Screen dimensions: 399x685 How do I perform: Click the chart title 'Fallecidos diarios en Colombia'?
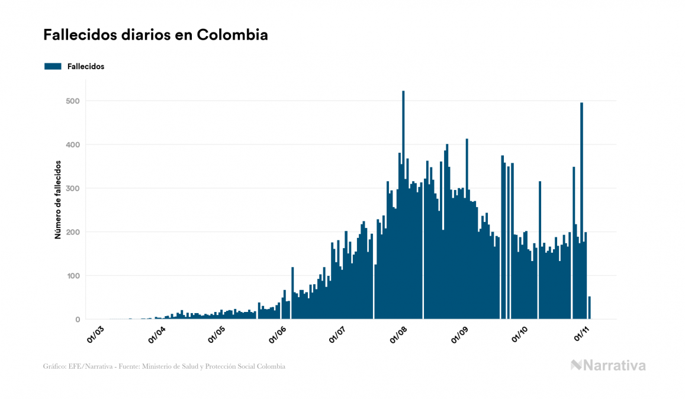(x=155, y=35)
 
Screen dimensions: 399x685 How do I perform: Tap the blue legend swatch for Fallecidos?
(x=53, y=66)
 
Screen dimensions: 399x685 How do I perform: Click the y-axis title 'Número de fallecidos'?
(x=58, y=199)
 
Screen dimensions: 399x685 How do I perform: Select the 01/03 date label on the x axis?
(x=95, y=333)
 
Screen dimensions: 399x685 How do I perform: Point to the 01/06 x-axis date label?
(x=277, y=333)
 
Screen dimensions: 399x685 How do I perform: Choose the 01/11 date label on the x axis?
(x=582, y=333)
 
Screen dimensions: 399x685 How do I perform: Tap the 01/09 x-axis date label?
(x=460, y=333)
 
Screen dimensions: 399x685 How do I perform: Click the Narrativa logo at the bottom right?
(x=608, y=365)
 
